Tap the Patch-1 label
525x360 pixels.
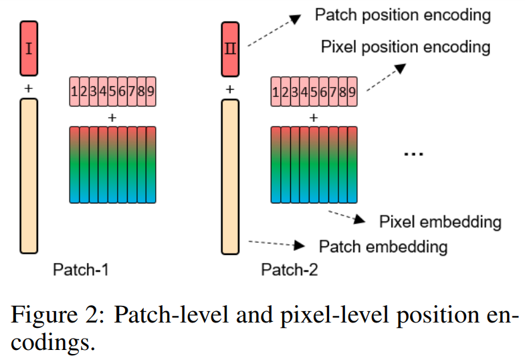pos(80,270)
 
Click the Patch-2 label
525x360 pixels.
pos(289,270)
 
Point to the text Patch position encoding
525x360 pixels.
pos(403,15)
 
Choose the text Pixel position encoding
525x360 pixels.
pos(405,48)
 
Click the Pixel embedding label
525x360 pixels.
pos(440,221)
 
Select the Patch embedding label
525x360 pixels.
pos(383,246)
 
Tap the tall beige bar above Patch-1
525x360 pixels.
pos(29,176)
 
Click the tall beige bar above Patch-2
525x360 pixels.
pos(230,176)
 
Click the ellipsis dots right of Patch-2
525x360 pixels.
pos(414,155)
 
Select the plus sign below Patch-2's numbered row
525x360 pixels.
pos(313,117)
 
